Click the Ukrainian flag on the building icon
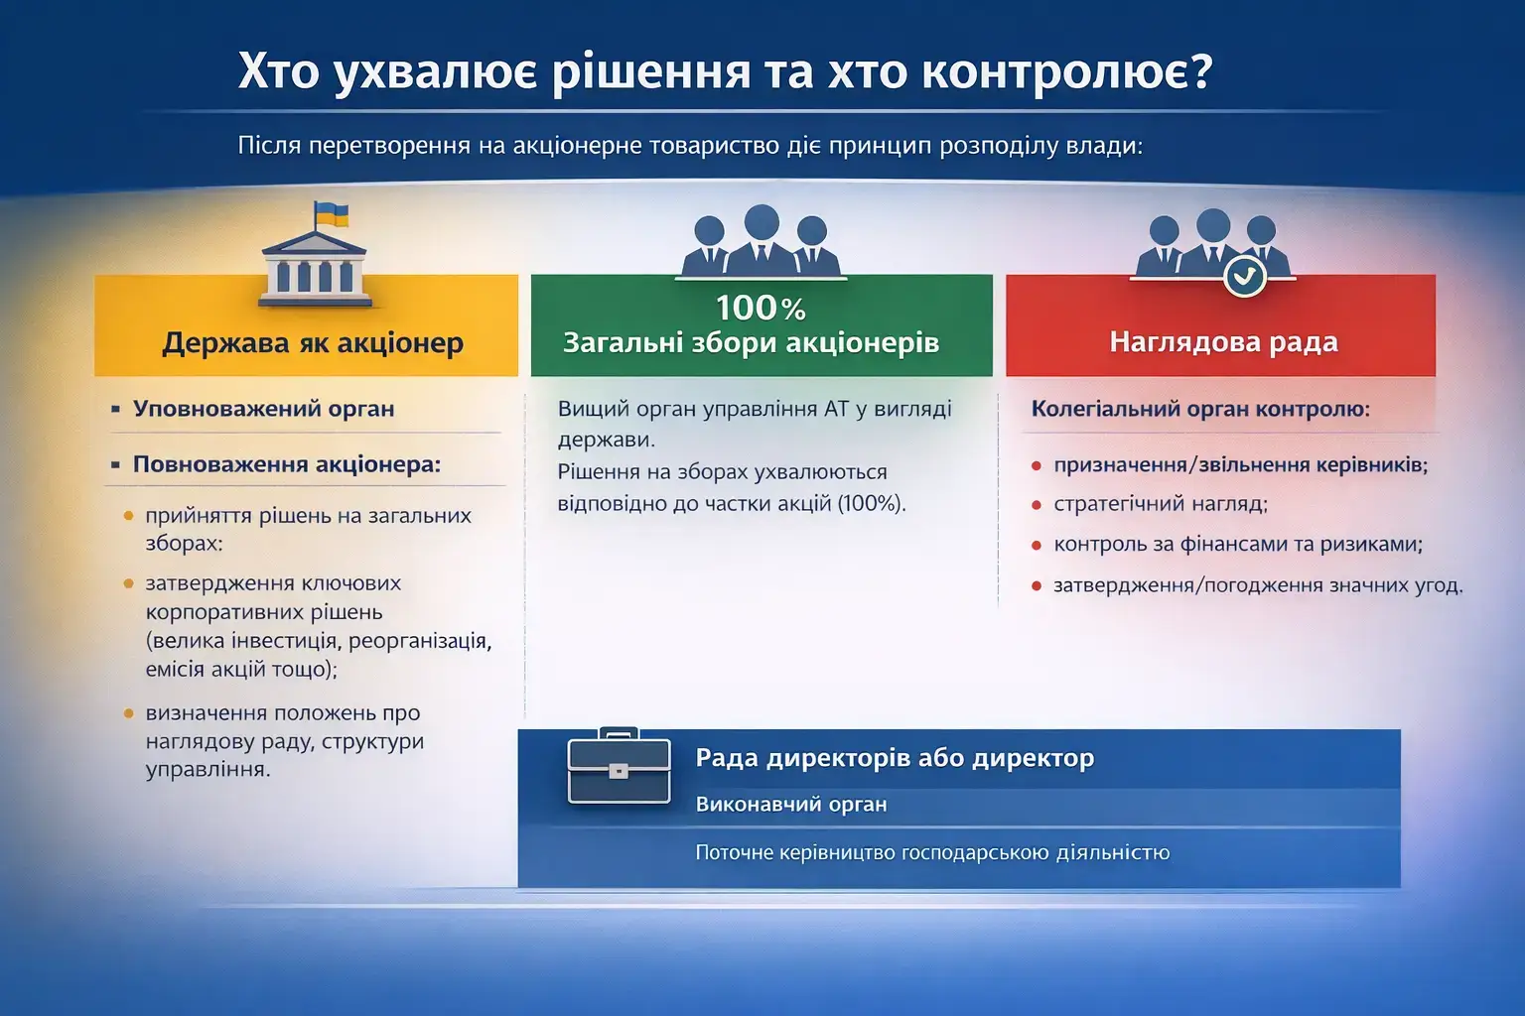331,214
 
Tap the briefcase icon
619,766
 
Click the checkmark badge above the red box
1244,276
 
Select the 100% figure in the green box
761,309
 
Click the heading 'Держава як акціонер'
313,342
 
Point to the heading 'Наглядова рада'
1224,341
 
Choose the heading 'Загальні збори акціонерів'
751,343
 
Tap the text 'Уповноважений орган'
263,409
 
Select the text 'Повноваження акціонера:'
287,464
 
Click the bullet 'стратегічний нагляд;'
1161,504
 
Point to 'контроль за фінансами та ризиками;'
1238,545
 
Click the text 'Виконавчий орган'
791,805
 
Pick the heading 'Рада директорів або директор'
895,758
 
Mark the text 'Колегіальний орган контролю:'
1200,409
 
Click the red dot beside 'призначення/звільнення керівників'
1037,466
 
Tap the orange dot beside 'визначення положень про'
129,713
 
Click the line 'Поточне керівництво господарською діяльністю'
932,852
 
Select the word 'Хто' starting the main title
278,71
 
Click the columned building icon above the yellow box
315,269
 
